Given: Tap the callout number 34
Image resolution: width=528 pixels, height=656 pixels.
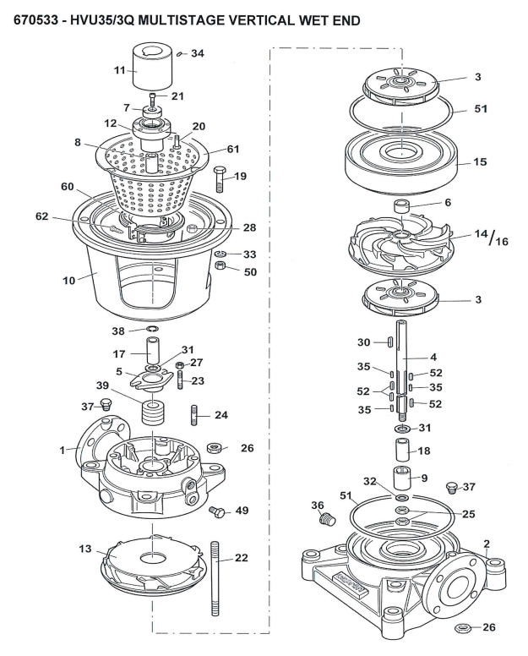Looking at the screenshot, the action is click(x=198, y=53).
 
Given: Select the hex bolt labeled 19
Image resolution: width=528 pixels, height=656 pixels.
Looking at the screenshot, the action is click(x=220, y=179).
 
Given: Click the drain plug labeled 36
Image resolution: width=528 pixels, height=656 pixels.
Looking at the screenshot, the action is click(x=328, y=519).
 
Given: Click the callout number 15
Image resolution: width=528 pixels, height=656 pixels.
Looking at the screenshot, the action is click(x=481, y=161).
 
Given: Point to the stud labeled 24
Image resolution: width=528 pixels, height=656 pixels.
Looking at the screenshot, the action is click(x=195, y=415).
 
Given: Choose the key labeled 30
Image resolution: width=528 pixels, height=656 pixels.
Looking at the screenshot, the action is click(x=389, y=342).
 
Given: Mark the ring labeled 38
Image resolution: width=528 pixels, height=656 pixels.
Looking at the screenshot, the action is click(x=152, y=328).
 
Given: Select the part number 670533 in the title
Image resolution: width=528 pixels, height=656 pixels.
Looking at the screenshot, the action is click(x=36, y=20).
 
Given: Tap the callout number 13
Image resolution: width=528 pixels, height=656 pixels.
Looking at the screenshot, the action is click(x=84, y=548).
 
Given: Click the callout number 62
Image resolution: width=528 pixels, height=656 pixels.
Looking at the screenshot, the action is click(x=41, y=216).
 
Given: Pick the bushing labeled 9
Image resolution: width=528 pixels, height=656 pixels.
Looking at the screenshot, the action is click(x=401, y=477).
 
